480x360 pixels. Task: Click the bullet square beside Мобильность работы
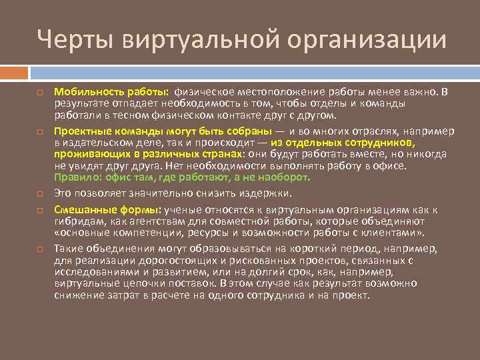pos(40,92)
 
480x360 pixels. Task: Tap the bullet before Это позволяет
pos(40,194)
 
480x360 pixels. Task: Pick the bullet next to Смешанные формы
pos(40,210)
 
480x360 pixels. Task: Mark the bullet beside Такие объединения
pos(40,248)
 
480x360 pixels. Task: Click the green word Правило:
pos(76,177)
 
